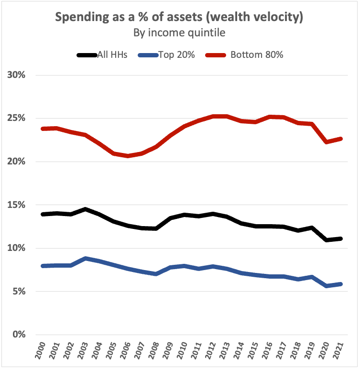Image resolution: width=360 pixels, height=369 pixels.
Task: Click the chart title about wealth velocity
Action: coord(179,18)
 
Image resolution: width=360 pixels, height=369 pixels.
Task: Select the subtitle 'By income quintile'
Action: coord(179,33)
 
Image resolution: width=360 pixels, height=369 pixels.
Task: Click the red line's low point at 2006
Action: coord(128,156)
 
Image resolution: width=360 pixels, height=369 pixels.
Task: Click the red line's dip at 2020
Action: coord(326,142)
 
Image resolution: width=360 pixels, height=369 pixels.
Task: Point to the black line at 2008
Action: coord(156,228)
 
